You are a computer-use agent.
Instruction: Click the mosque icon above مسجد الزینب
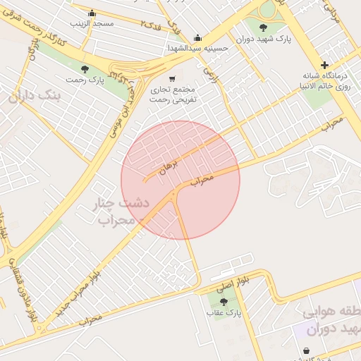tap(92, 13)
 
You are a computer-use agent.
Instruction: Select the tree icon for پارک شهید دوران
tap(264, 28)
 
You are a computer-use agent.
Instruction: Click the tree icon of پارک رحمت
tap(85, 68)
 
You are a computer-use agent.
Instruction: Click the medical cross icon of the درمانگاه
tap(325, 65)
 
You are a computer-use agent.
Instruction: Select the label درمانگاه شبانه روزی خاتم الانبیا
tap(327, 81)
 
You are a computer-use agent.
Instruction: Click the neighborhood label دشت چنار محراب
tap(121, 212)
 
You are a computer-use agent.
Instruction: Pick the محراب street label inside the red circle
tap(202, 180)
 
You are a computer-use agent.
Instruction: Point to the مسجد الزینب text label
tap(92, 23)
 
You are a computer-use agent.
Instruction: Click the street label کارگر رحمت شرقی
tap(32, 27)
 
